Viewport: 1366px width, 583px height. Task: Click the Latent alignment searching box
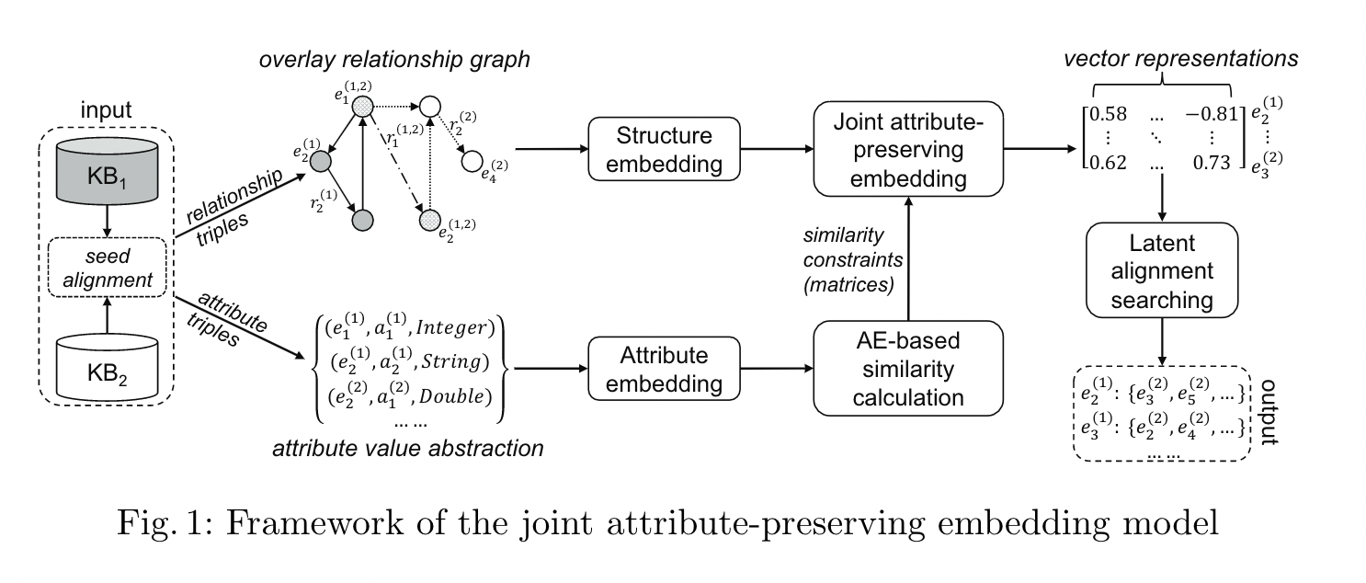click(x=1166, y=273)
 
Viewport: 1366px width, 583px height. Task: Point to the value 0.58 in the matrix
click(x=1110, y=115)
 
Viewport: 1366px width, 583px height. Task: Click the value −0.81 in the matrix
click(x=1204, y=115)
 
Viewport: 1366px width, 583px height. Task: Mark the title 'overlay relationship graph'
click(x=395, y=61)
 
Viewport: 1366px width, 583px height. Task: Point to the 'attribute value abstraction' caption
click(x=407, y=450)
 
